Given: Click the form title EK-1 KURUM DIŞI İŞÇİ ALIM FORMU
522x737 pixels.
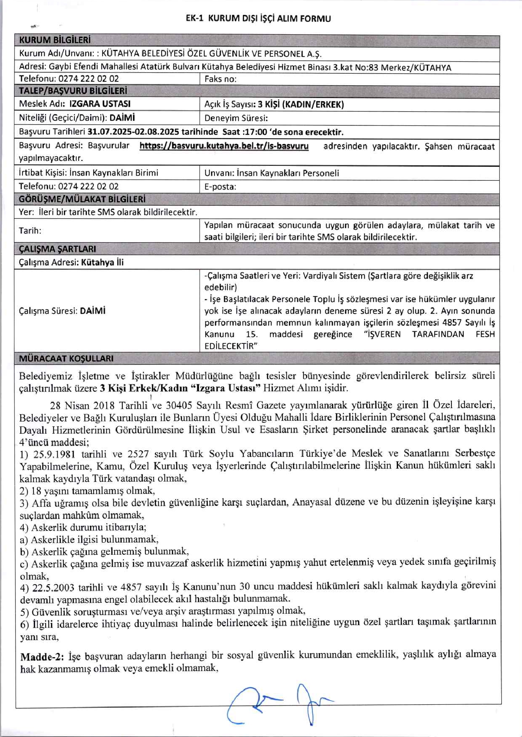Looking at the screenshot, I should point(258,18).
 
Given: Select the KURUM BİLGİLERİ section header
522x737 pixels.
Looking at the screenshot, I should point(55,40).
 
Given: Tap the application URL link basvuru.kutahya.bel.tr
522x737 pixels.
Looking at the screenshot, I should point(224,146).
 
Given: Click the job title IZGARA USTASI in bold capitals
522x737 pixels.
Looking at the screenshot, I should point(100,104).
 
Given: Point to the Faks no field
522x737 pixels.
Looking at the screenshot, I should point(220,79).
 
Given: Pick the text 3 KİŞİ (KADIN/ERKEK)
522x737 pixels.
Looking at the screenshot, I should point(301,104).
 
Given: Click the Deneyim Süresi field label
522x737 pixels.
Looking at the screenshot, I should point(236,118).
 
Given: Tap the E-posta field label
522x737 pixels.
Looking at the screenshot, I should point(220,187).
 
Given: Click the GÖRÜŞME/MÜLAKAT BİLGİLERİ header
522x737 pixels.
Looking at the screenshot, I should point(82,199).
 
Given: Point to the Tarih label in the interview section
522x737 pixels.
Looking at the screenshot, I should point(30,231).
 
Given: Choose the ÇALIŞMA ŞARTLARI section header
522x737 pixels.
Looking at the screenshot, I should point(58,249).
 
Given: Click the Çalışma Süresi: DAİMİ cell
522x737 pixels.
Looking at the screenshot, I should point(62,311).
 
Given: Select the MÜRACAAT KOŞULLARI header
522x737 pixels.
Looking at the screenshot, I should point(66,359).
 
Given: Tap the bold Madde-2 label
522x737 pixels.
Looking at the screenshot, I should point(42,657).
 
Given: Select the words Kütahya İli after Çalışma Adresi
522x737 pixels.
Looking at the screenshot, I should point(103,263).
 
